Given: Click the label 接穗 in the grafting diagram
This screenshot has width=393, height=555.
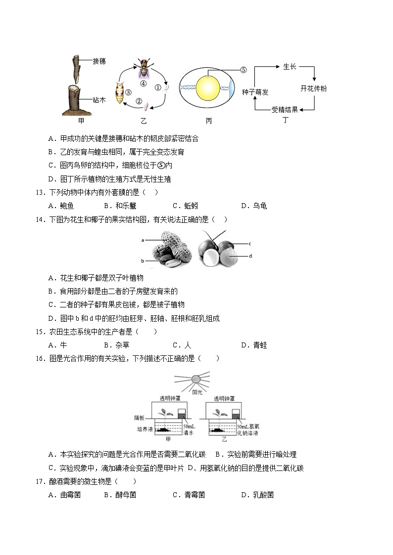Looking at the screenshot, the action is tap(99, 61).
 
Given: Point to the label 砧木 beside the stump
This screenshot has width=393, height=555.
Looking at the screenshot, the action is tap(99, 99).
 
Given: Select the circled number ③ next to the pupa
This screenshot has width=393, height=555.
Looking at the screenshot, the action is tap(128, 92).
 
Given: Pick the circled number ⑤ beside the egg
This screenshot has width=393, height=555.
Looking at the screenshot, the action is tap(243, 70).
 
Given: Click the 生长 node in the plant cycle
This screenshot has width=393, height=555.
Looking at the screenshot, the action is tap(290, 66).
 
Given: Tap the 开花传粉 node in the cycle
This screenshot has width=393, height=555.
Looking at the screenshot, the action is tap(313, 88).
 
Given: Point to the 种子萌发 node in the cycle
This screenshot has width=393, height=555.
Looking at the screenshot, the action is tap(255, 92).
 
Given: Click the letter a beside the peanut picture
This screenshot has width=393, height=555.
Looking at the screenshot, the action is tap(143, 240).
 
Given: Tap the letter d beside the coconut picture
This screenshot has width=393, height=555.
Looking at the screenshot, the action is tap(250, 256).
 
